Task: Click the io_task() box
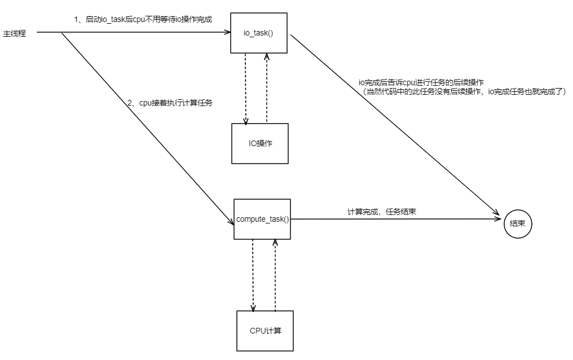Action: [x=259, y=33]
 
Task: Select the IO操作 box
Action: [x=260, y=143]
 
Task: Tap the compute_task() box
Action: [x=262, y=219]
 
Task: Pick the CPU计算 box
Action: [x=265, y=330]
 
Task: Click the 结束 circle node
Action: [x=518, y=223]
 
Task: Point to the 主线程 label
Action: [x=15, y=33]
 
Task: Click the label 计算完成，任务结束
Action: [x=382, y=212]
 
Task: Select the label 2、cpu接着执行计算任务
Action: [x=170, y=103]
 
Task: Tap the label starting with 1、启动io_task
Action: [x=143, y=20]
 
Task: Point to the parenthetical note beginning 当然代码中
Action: [x=464, y=91]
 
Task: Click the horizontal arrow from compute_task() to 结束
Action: [x=395, y=219]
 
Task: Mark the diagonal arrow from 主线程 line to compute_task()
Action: [x=147, y=126]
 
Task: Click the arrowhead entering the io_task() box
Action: [x=227, y=33]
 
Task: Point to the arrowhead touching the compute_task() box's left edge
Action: [x=231, y=222]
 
